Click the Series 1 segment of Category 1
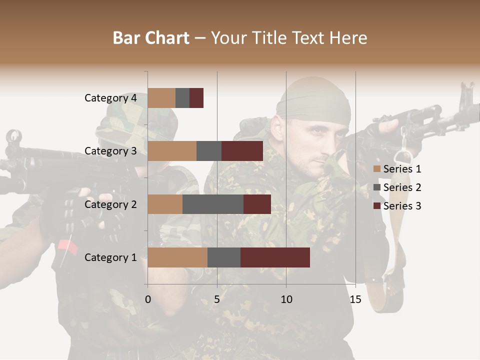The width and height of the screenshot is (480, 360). click(x=177, y=257)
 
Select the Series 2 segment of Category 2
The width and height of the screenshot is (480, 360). click(x=213, y=204)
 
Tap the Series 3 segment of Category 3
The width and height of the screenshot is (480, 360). click(x=242, y=151)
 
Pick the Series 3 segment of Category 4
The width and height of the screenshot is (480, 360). click(x=196, y=98)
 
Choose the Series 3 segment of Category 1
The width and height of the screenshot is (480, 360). click(x=275, y=257)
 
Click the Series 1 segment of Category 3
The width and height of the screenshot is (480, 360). click(x=172, y=151)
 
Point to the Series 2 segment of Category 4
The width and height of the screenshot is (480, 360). click(x=182, y=98)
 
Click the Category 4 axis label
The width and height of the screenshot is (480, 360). click(x=110, y=98)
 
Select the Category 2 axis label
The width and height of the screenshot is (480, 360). click(x=110, y=204)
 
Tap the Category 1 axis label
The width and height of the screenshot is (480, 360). click(x=110, y=257)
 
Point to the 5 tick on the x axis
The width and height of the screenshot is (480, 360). click(x=217, y=299)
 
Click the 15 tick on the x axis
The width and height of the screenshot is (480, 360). click(x=355, y=299)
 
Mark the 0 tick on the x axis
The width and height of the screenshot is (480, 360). click(x=148, y=299)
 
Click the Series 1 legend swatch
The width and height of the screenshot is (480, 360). click(x=376, y=169)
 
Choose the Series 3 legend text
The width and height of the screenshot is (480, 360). click(x=402, y=206)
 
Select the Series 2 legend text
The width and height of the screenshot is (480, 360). click(x=402, y=187)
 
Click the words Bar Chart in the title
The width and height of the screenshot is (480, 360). click(x=151, y=38)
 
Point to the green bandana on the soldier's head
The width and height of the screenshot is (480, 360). click(x=312, y=102)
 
